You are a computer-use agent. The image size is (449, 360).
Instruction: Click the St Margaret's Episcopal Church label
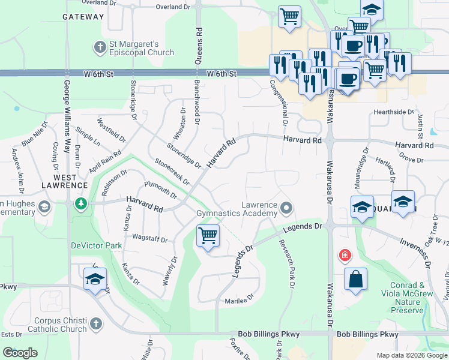tap(140, 49)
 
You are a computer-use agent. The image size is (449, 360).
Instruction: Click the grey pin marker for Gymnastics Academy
tap(286, 208)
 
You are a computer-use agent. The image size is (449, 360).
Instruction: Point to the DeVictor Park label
tap(97, 245)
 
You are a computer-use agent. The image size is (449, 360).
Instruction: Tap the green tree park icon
tap(80, 205)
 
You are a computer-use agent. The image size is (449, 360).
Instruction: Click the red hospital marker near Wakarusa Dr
tap(345, 255)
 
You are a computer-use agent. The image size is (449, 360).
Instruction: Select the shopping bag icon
tap(355, 279)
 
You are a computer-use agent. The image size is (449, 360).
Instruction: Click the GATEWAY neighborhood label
tap(83, 17)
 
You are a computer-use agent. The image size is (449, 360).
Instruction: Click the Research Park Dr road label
tap(286, 264)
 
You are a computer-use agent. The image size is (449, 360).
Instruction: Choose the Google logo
tap(20, 353)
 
